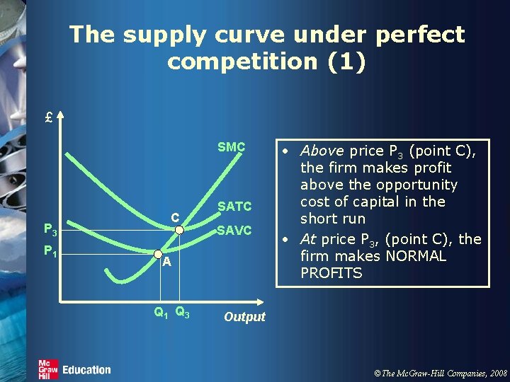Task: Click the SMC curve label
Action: pos(231,147)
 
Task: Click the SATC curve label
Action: pos(234,207)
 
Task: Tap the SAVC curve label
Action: pos(234,230)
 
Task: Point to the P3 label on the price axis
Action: pos(50,229)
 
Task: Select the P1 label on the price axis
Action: pos(50,250)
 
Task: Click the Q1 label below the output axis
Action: pos(161,311)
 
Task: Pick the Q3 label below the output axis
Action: pos(181,311)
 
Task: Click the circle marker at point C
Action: pos(180,229)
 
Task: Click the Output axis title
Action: pos(244,317)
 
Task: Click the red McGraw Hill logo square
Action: pos(48,369)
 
